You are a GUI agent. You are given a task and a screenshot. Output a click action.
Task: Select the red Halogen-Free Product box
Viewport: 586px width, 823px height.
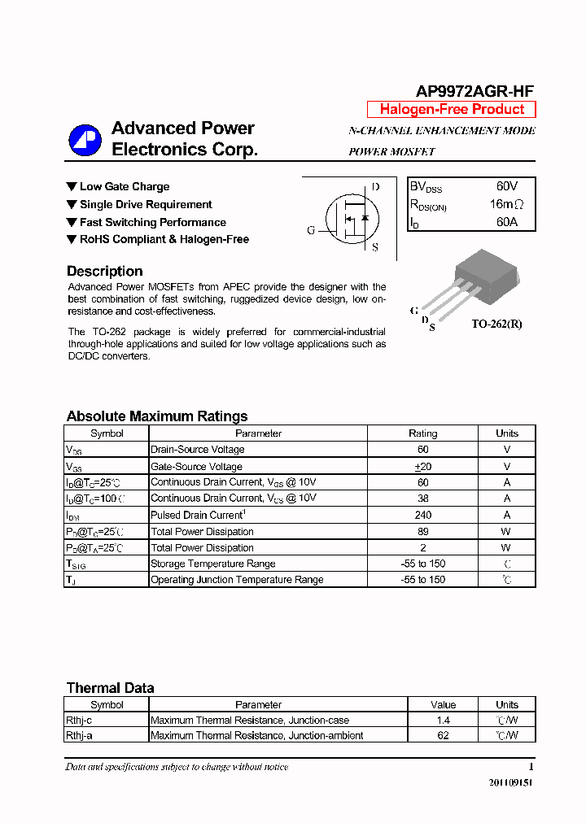[452, 110]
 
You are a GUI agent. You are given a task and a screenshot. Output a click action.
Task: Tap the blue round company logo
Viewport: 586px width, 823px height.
[85, 140]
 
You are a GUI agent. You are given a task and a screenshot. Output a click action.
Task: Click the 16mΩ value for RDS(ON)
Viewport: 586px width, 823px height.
[506, 204]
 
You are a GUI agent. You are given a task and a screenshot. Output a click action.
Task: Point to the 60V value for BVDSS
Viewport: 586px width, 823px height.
[506, 187]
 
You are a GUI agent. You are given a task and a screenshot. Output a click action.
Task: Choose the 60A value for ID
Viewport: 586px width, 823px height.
[506, 221]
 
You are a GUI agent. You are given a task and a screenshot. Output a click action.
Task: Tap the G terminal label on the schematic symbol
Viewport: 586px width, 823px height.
[311, 230]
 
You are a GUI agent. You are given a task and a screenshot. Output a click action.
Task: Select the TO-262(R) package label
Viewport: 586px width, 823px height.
[496, 324]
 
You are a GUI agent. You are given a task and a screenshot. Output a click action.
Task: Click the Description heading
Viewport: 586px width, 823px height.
[104, 272]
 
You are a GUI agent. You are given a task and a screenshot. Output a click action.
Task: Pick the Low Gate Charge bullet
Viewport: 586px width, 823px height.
[124, 187]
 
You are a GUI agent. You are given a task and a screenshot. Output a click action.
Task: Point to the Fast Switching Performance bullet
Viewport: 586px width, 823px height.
[152, 222]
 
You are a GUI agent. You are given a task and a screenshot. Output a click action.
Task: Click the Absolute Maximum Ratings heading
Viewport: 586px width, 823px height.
[157, 416]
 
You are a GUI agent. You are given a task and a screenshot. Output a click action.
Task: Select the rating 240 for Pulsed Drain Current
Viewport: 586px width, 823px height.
[422, 515]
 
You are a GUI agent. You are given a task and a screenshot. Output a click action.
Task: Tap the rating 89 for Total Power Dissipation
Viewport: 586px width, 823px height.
[422, 531]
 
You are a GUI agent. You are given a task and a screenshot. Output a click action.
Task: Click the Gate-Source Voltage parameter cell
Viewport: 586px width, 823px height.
[196, 467]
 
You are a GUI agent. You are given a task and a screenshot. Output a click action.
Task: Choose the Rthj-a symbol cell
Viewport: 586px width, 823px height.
[80, 735]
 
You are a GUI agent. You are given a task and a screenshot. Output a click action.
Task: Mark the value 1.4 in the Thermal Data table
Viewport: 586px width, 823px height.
[443, 720]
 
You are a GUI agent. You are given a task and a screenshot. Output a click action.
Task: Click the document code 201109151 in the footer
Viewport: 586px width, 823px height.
[511, 782]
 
